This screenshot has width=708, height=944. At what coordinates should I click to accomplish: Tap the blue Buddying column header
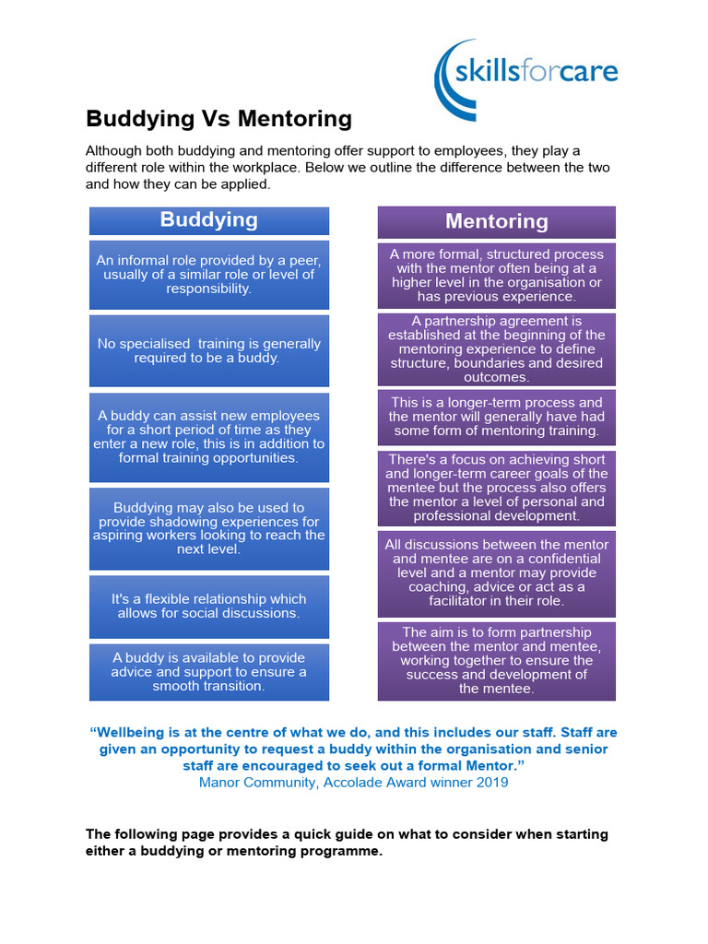point(208,220)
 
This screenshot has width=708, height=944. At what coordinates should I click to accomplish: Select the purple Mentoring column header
point(496,222)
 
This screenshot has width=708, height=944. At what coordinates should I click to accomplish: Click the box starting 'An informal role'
point(208,275)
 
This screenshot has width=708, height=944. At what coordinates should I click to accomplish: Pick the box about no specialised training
point(208,350)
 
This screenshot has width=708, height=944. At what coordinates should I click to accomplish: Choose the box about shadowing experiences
point(208,528)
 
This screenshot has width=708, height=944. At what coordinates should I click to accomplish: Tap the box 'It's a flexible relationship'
point(208,607)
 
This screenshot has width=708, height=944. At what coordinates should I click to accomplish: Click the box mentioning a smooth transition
point(208,672)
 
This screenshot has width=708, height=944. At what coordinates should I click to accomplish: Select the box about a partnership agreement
point(496,349)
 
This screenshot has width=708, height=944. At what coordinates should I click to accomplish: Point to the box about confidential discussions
point(496,573)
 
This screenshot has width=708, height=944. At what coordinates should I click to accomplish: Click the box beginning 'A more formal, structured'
point(496,276)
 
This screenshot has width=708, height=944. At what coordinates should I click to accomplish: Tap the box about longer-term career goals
point(496,488)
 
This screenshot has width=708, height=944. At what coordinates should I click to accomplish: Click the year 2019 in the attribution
point(490,783)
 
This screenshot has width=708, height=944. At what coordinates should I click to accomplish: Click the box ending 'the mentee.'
point(496,661)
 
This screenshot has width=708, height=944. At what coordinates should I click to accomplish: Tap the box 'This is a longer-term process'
point(496,417)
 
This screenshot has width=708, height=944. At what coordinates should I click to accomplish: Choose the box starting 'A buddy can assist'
point(208,437)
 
